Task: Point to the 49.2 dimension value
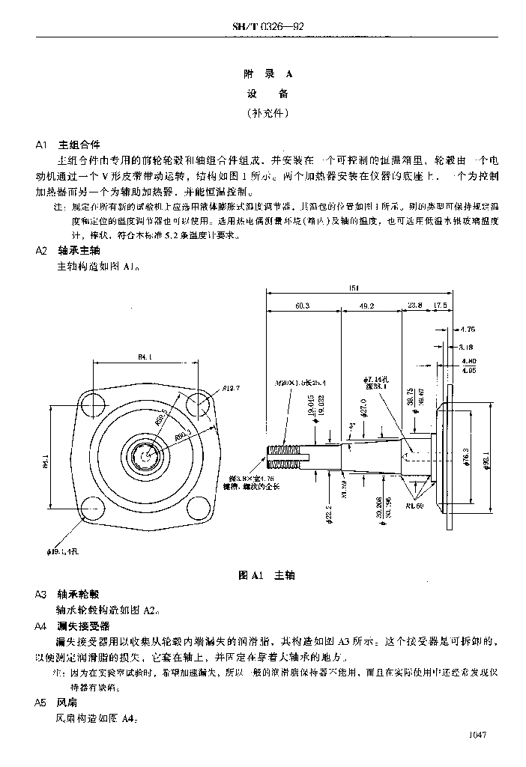368,306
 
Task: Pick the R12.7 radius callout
231,388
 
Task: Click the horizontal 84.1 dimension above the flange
145,358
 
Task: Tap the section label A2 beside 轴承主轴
41,251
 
